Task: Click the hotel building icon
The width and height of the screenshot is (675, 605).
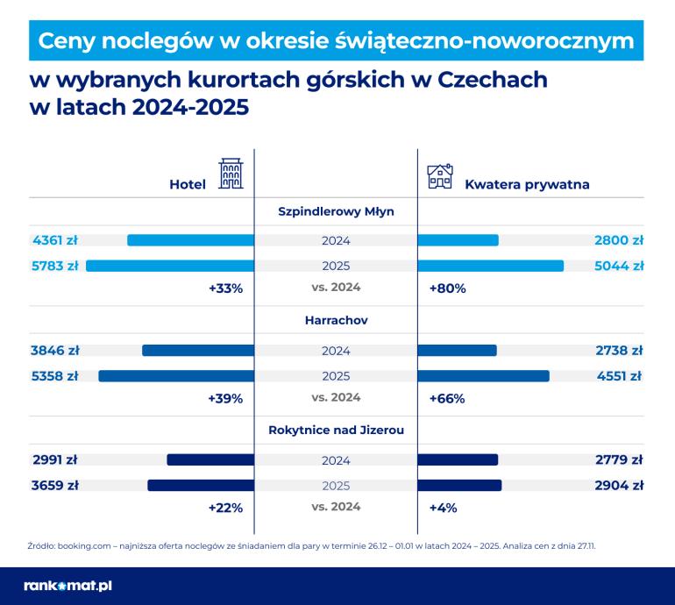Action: coord(231,174)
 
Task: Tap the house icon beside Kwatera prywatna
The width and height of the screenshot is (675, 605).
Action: coord(439,176)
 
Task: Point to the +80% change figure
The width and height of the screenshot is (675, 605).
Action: coord(447,288)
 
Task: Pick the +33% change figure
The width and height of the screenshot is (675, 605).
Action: coord(225,288)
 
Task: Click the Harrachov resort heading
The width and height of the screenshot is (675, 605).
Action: coord(336,320)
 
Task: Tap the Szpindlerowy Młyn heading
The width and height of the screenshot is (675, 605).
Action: coord(336,211)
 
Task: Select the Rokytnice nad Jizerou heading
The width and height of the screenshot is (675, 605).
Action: coord(336,430)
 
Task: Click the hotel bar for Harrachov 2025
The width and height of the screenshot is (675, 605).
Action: coord(176,376)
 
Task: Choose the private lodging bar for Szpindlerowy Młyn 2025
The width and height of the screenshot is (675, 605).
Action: coord(491,266)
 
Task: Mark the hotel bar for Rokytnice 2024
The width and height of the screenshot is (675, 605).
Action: coord(210,459)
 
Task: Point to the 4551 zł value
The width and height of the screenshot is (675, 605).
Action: coord(619,376)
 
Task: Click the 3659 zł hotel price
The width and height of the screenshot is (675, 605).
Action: coord(54,485)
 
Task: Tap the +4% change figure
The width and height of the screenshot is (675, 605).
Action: coord(443,507)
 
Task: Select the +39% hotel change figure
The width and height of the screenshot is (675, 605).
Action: coord(225,398)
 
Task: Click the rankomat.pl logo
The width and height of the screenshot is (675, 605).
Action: coord(67,585)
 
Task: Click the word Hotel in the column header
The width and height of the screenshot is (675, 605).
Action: coord(188,184)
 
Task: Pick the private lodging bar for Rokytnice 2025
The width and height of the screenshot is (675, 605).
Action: coord(460,485)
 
